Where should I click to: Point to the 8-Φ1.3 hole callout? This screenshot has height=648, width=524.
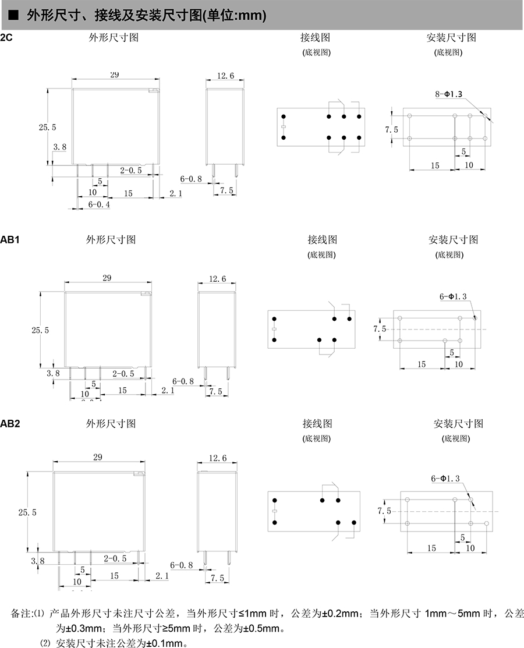[448, 94]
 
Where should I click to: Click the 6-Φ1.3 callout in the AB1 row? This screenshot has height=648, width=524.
[453, 296]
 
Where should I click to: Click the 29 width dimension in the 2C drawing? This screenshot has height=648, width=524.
[114, 75]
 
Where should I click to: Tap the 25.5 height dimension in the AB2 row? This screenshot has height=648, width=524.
[27, 512]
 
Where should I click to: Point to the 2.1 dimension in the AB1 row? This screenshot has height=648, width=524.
[167, 390]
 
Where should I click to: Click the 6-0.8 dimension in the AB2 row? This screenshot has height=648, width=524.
[182, 565]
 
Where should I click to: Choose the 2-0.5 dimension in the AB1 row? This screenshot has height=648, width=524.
[123, 373]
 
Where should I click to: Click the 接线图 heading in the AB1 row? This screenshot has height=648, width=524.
[323, 239]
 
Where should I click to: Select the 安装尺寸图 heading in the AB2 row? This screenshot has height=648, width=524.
[458, 423]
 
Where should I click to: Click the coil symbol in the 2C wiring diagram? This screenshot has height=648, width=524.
[283, 128]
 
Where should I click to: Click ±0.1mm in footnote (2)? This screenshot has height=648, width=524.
[167, 643]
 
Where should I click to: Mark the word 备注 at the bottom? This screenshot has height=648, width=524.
[20, 614]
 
